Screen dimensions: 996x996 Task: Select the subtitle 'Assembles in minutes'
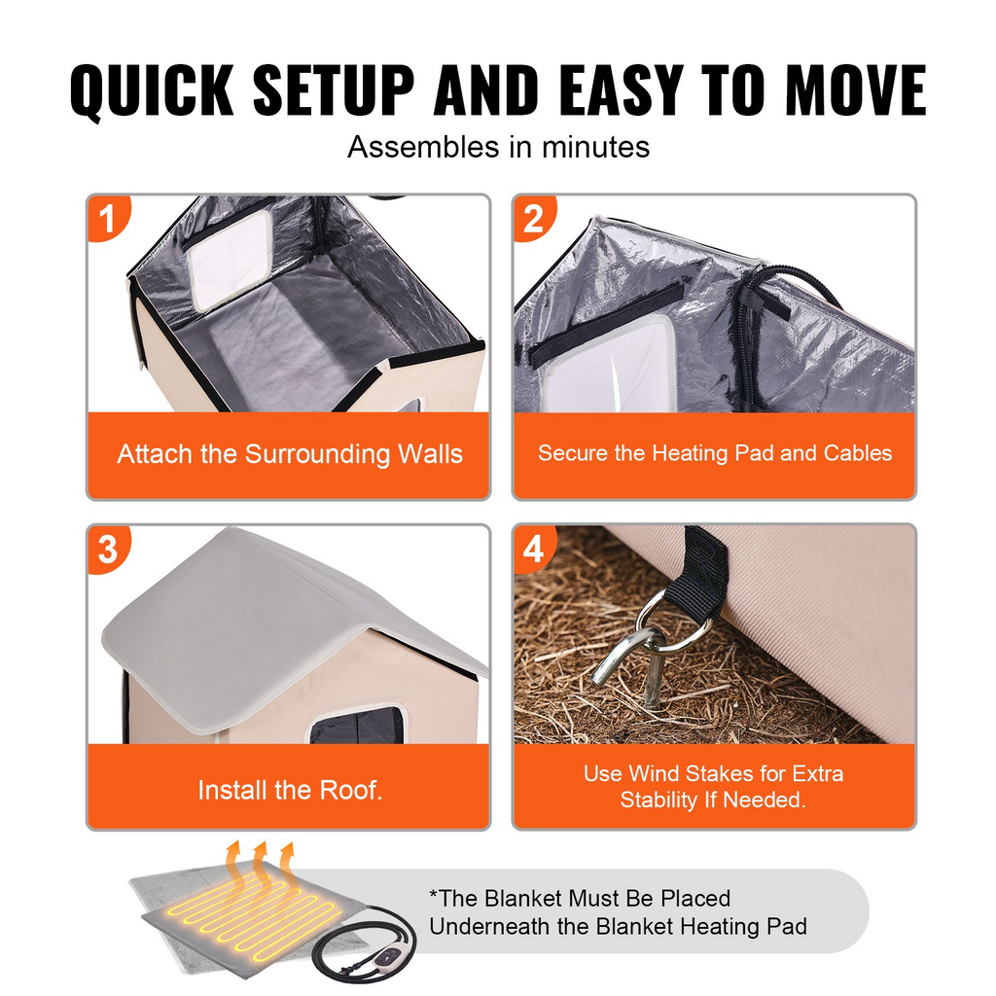click(498, 147)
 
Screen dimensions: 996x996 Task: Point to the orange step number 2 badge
click(533, 218)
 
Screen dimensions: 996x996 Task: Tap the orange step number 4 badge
click(533, 548)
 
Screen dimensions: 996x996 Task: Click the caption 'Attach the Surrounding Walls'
click(289, 454)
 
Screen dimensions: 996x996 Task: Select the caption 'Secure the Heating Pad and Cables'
click(715, 453)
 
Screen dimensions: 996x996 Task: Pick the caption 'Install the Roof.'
click(289, 790)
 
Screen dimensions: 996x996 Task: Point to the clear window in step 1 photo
click(231, 258)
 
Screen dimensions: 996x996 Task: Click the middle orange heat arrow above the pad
click(259, 861)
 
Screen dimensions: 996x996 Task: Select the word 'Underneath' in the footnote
click(489, 926)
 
